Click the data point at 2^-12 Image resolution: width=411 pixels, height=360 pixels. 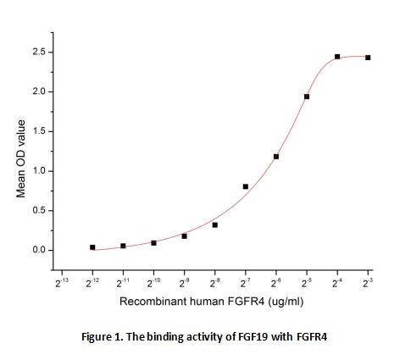pos(92,247)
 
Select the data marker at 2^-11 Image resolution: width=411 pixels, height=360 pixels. pos(123,246)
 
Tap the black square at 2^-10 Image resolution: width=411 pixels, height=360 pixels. pos(153,242)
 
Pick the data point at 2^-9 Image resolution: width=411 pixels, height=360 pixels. pos(184,235)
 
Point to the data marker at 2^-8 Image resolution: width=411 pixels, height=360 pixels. pos(214,224)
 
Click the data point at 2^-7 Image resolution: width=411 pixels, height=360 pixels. pos(245,186)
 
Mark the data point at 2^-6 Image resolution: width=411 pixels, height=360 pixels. pos(275,156)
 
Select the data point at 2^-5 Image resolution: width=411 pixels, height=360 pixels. pos(306,97)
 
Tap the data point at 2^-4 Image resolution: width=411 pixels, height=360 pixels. pos(336,57)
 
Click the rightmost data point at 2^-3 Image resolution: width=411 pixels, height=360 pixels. pos(367,58)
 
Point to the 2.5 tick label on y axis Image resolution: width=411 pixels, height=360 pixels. pos(37,53)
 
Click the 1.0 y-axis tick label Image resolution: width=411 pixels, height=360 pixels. pos(37,171)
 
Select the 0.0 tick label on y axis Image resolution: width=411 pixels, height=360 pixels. pos(37,250)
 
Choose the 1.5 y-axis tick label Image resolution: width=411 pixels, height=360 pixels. pos(37,131)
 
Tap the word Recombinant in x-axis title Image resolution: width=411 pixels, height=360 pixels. pos(149,301)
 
